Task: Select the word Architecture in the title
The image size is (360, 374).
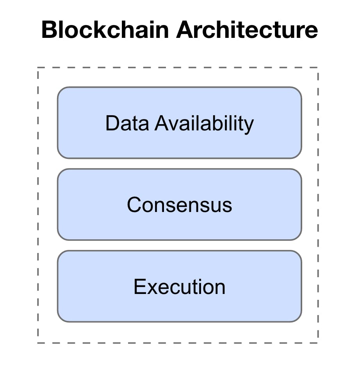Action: coord(247,30)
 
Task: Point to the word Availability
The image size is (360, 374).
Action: coord(204,124)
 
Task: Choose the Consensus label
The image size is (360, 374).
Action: coord(179,205)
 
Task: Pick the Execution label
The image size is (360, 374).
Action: coord(179,287)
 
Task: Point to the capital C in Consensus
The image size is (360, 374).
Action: coord(134,205)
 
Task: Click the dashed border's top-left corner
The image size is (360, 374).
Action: coord(38,68)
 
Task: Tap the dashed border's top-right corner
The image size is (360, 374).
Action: coord(318,68)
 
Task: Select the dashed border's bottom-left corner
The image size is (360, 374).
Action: coord(38,343)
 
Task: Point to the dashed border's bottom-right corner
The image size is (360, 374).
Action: coord(318,343)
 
